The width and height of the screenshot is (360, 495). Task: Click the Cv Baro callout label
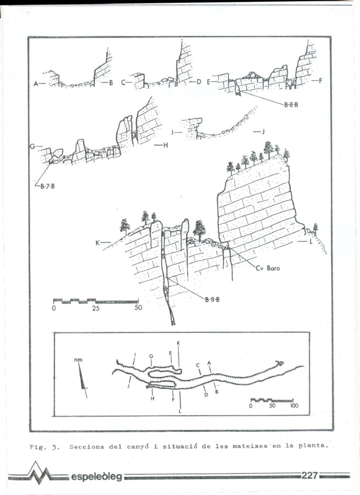pos(268,268)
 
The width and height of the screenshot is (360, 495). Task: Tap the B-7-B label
pos(47,186)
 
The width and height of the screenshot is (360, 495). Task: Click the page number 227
pos(309,475)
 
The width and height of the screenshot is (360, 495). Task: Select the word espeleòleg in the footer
pos(96,476)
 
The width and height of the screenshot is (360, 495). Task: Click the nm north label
pos(78,360)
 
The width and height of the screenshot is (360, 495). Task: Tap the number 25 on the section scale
pos(96,308)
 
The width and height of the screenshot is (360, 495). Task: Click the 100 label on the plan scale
pos(294,405)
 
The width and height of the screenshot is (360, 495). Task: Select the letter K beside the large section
pos(97,243)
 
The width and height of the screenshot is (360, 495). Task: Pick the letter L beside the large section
pos(311,242)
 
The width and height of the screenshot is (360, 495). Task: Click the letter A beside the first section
pos(36,84)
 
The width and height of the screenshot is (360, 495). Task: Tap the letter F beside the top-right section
pos(320,81)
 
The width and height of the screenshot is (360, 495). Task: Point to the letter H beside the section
pos(166,145)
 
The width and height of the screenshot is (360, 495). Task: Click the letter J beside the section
pos(263,132)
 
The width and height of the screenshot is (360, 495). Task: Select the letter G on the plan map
pos(151,356)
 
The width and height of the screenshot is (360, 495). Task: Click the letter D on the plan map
pos(206,395)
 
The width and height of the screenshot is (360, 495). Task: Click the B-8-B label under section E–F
pos(291,105)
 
